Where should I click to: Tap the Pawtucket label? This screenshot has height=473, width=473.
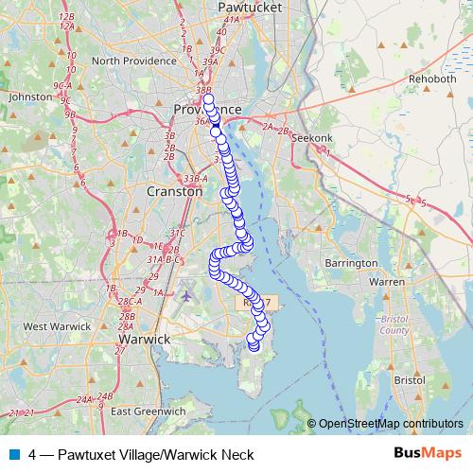(245, 5)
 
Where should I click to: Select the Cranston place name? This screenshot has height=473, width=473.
(174, 190)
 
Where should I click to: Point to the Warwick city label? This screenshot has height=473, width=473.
(143, 338)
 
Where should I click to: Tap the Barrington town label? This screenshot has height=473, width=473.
(351, 262)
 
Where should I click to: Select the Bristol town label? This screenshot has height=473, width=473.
(410, 379)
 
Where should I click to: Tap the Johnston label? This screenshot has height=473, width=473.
(27, 96)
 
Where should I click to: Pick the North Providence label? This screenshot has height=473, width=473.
(131, 61)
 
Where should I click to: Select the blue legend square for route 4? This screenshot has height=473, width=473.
(14, 454)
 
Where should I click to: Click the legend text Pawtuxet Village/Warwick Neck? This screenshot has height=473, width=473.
(141, 454)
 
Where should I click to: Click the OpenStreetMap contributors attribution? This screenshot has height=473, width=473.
(391, 424)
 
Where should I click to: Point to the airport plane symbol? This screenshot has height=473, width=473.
(185, 295)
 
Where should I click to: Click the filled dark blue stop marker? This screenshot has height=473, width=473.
(216, 131)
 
